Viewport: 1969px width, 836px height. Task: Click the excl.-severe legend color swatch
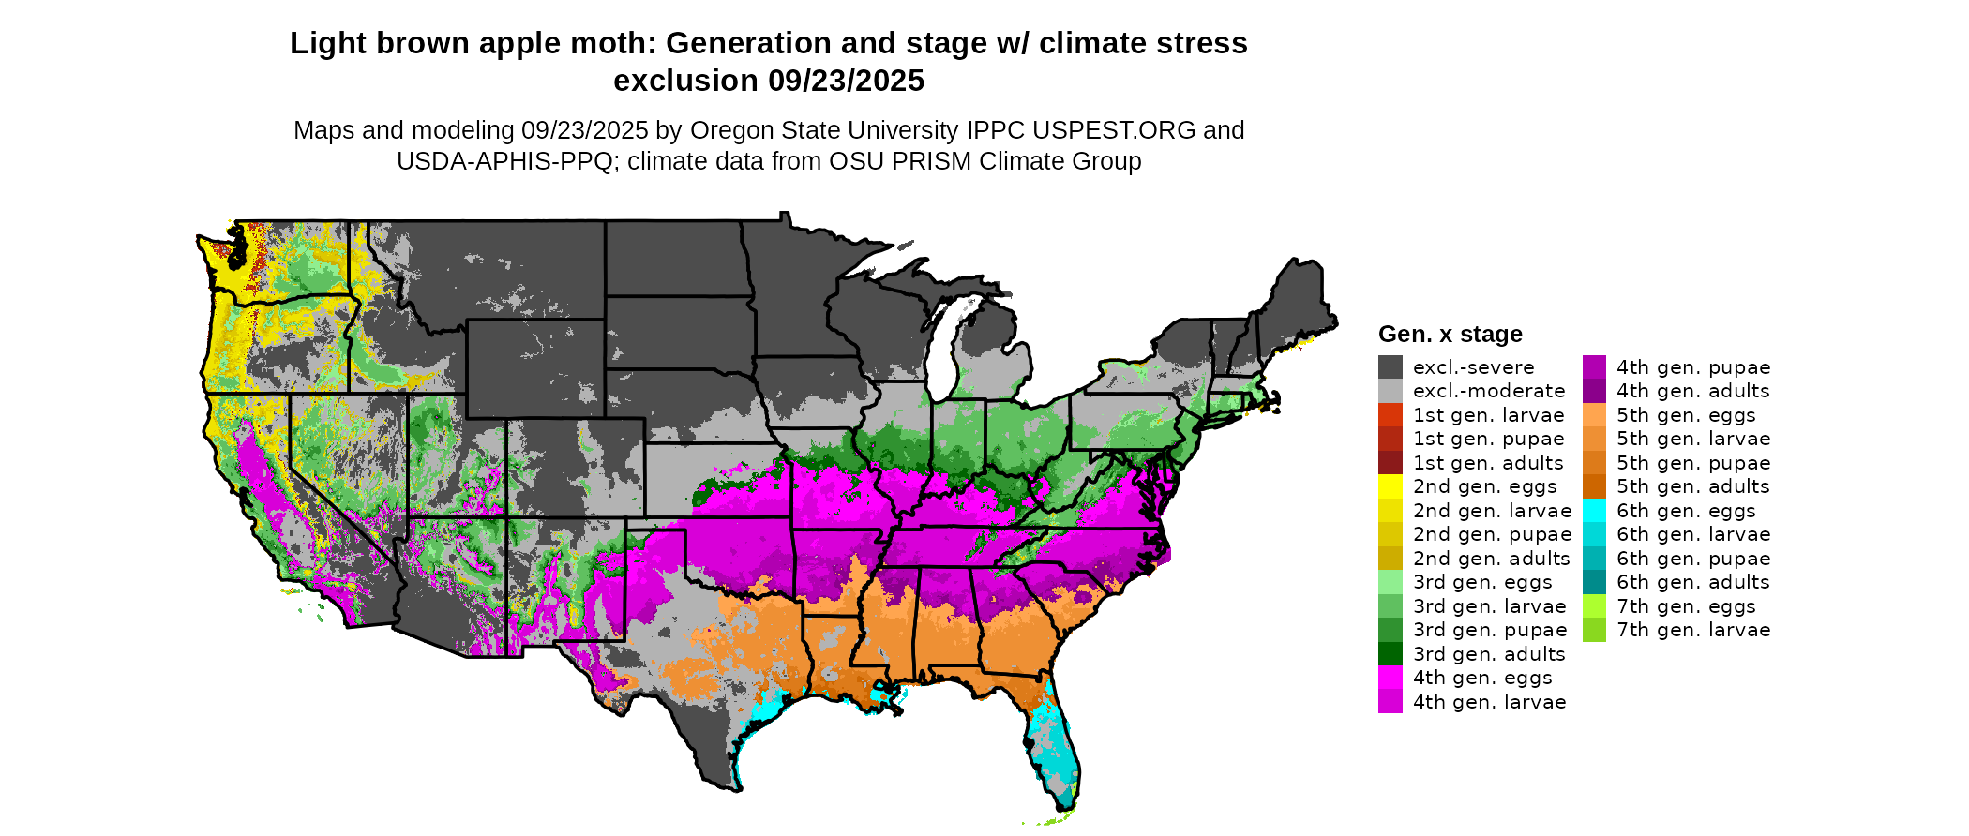click(1390, 367)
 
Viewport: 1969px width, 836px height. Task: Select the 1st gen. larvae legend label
click(1489, 415)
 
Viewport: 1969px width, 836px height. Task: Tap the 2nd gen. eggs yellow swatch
click(1390, 486)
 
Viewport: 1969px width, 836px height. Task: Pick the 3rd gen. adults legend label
click(1489, 654)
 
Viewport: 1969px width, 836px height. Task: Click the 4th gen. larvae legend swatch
click(1390, 702)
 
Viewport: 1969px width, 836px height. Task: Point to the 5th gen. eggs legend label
click(1686, 415)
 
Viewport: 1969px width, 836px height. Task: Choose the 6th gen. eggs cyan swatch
click(1594, 511)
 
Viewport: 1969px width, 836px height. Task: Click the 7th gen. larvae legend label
click(1693, 630)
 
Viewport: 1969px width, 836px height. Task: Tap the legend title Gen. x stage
click(1450, 334)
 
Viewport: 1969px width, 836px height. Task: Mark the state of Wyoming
click(535, 368)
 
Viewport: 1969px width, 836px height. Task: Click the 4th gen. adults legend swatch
click(1594, 391)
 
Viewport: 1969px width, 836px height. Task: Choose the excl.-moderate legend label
click(1489, 391)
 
